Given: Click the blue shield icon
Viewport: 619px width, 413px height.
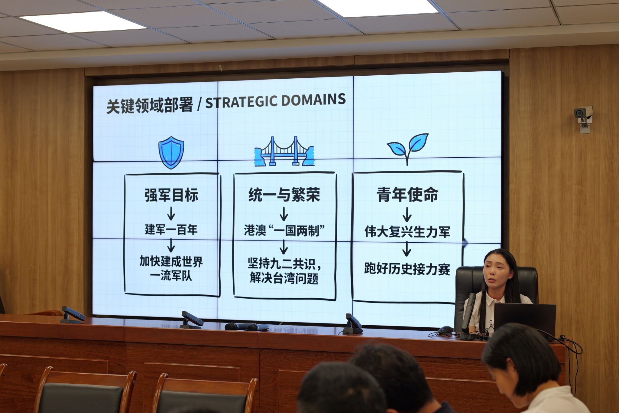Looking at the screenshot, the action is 171,152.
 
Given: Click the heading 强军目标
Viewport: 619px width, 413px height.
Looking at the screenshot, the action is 171,195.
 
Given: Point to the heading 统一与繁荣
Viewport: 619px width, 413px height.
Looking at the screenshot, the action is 284,195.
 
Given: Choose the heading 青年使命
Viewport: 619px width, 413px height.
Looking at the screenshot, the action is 407,195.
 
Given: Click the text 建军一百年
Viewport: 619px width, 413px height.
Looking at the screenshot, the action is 171,230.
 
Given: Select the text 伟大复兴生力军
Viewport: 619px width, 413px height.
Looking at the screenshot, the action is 407,232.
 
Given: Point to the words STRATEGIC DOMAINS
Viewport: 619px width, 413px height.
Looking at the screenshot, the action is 275,101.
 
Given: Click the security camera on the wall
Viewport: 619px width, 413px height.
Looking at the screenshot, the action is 584,118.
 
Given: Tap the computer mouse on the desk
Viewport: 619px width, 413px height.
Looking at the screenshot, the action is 445,330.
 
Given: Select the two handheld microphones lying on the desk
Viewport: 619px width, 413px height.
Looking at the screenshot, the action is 247,327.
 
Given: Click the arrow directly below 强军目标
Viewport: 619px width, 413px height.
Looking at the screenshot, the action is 171,213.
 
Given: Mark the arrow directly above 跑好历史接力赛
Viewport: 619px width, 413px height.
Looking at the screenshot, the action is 407,249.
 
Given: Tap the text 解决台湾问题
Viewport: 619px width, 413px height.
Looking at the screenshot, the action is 284,278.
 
